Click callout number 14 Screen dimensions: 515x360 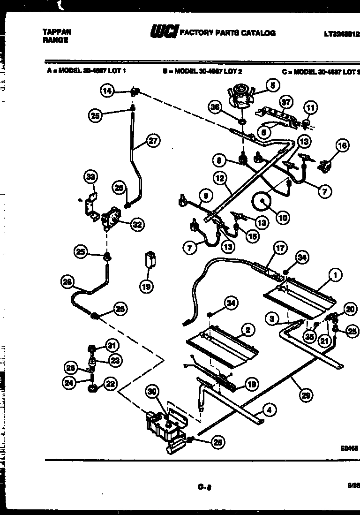tap(108, 91)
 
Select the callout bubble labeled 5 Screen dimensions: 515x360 tap(272, 85)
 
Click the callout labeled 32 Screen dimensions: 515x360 tap(136, 225)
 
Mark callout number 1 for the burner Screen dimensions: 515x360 tap(335, 276)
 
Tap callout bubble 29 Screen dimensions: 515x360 tap(306, 396)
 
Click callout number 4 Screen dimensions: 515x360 tap(268, 410)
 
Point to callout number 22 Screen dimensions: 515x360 tap(110, 385)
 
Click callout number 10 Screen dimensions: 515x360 tap(283, 217)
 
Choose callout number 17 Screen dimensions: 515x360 tap(280, 248)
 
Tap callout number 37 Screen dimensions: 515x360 tap(285, 102)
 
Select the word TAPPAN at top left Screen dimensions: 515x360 tap(57, 32)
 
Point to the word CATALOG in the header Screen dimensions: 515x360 tap(259, 33)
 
